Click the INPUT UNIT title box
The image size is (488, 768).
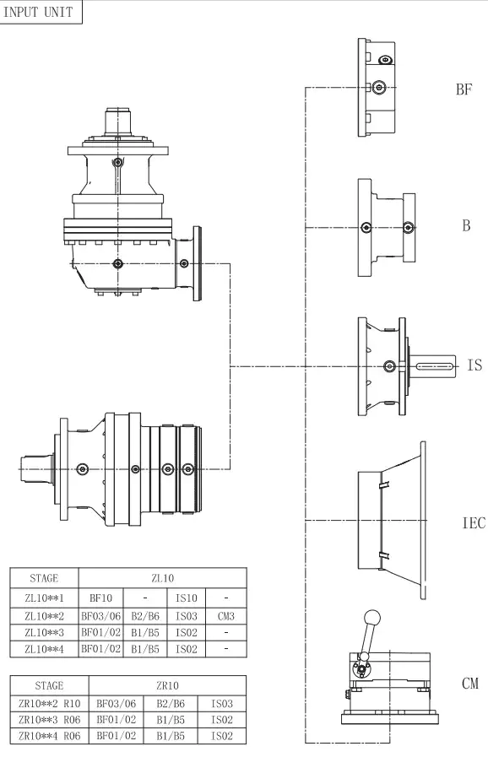(41, 14)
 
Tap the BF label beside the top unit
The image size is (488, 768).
(464, 90)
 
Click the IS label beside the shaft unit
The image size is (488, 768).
(474, 365)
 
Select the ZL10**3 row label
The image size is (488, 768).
(43, 631)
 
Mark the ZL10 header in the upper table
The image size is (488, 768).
(163, 579)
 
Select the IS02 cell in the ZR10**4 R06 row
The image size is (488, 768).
(222, 736)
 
